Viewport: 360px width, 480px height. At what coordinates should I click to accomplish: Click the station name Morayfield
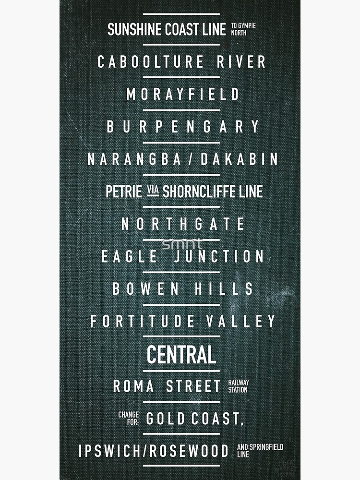point(182,94)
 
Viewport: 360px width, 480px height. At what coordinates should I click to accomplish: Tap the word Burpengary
point(182,127)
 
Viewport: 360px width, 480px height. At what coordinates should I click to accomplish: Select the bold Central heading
point(181,355)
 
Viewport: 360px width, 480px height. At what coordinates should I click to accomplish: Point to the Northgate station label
point(183,224)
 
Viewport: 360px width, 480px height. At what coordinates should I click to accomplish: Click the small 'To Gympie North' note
point(243,29)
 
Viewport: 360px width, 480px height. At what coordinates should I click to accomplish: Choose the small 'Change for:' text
point(129,418)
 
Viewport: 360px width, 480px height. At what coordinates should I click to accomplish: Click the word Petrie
point(123,192)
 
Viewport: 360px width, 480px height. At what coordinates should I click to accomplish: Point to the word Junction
point(218,256)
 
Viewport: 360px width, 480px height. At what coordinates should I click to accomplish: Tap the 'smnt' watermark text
point(182,244)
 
